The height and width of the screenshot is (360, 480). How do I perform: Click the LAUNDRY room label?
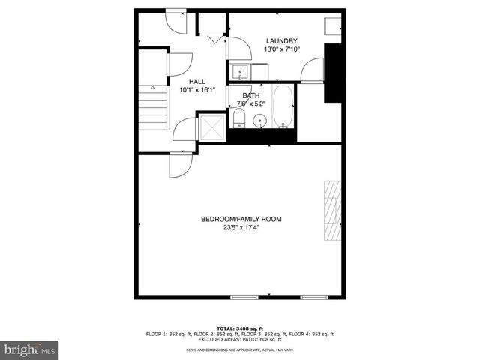[281, 41]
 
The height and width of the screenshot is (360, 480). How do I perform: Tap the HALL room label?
[197, 82]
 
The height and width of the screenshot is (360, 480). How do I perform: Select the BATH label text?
[250, 96]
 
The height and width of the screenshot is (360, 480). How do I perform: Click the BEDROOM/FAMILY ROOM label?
[241, 219]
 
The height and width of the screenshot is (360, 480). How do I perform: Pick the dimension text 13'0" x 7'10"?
[281, 50]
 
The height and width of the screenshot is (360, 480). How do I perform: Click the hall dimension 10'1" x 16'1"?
[197, 90]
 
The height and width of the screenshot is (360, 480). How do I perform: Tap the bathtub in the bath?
[283, 108]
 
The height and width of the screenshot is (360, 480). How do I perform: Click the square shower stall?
[211, 128]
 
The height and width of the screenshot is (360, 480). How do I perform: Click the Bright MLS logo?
[30, 349]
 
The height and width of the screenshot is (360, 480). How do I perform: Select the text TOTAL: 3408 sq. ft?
[239, 328]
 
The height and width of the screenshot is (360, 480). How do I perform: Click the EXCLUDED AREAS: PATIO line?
[239, 338]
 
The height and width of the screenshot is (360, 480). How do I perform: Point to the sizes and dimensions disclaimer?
[239, 350]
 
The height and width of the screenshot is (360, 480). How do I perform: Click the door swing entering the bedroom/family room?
[180, 165]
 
